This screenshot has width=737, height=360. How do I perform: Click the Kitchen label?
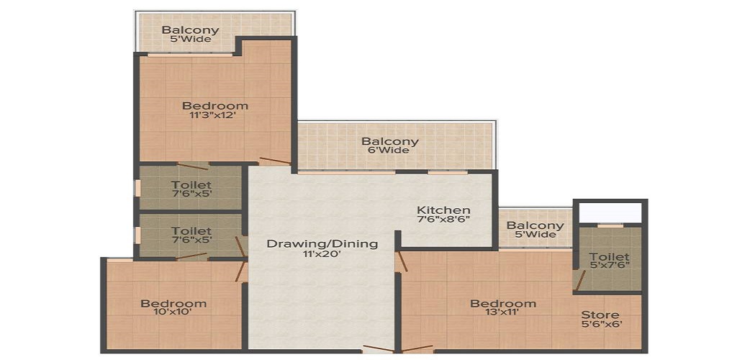(x=443, y=210)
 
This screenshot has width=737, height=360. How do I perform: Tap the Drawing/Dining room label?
(x=322, y=243)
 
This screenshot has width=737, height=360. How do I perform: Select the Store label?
(x=600, y=315)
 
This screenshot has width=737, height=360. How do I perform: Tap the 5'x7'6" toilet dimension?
(x=609, y=266)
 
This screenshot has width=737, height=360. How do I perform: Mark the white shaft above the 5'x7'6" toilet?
(x=611, y=213)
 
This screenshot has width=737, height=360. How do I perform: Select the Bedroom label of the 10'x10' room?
(x=173, y=303)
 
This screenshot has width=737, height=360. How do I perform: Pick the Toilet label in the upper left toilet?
(x=191, y=185)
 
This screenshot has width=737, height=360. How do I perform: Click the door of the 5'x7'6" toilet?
(x=579, y=280)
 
